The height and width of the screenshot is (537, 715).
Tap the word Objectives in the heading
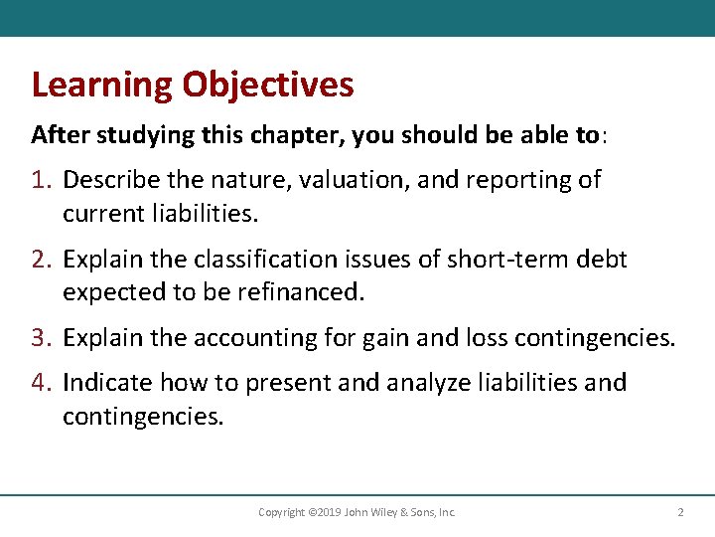point(267,86)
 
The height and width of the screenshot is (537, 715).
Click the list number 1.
point(42,180)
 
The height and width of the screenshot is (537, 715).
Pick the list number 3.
point(42,338)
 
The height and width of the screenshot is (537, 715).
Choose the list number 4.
point(42,383)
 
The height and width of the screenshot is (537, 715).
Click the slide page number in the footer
point(680,512)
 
